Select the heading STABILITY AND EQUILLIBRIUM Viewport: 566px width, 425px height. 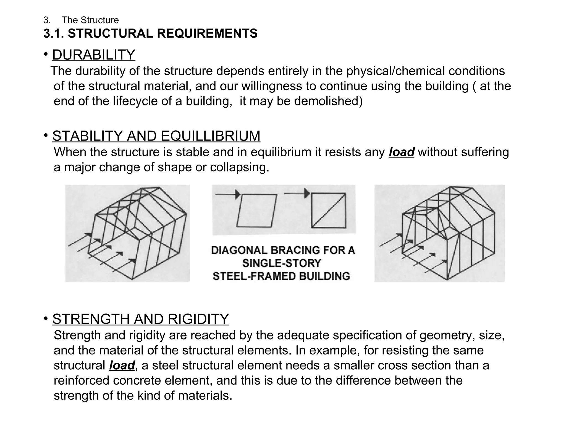point(156,136)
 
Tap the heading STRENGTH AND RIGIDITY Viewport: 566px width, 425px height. point(140,319)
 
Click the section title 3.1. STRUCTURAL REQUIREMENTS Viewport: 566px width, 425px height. point(150,33)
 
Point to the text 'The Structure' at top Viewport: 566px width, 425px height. point(90,20)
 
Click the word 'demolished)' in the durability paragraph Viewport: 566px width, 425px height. point(328,101)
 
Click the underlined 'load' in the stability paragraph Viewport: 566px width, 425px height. point(401,152)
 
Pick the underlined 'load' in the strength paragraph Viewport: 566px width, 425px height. point(122,365)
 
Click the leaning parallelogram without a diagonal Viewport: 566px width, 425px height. point(256,211)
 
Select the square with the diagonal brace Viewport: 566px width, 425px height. point(329,210)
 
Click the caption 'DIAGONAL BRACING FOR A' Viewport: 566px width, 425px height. point(283,250)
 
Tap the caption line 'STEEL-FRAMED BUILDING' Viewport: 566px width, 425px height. point(281,276)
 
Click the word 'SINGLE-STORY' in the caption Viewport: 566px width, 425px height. point(282,263)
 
